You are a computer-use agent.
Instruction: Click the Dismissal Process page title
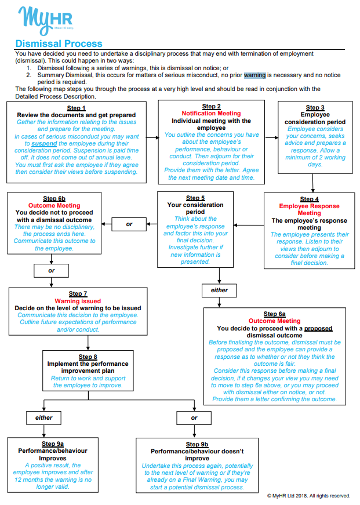click(x=59, y=43)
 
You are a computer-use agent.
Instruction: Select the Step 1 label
click(x=77, y=108)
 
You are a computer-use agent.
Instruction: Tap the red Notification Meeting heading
click(x=211, y=114)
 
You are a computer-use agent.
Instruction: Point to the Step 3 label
click(x=315, y=108)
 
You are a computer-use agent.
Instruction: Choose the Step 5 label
click(x=195, y=198)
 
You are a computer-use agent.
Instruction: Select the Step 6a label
click(x=274, y=314)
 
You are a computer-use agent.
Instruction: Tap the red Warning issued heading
click(x=77, y=301)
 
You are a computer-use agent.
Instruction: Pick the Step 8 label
click(x=88, y=356)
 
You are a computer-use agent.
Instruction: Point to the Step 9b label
click(x=197, y=444)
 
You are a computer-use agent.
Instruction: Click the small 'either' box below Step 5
click(x=219, y=290)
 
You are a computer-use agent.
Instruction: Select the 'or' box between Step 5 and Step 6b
click(x=129, y=224)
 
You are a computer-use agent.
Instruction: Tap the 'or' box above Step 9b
click(x=194, y=417)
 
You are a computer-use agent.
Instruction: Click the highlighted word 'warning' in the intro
click(x=254, y=75)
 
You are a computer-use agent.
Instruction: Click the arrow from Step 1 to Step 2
click(x=151, y=137)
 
